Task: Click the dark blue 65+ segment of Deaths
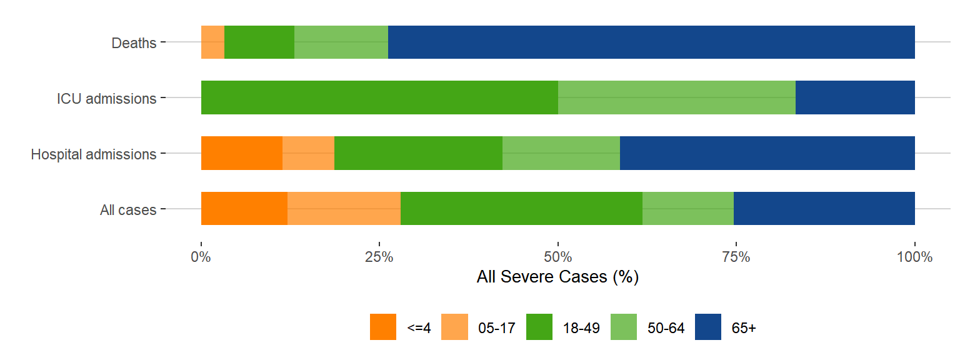651,42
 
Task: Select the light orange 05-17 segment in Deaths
212,42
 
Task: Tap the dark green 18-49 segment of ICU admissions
379,97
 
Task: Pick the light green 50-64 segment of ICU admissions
677,97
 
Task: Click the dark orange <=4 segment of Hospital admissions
242,152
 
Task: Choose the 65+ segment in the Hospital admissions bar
767,152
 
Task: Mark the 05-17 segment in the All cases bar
344,208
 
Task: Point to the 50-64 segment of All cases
688,208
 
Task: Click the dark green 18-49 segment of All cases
521,208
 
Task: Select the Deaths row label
134,43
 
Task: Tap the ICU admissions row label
106,98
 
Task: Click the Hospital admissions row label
94,154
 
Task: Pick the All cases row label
128,210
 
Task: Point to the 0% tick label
201,257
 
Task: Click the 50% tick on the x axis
558,257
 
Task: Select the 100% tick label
915,257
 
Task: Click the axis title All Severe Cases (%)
557,277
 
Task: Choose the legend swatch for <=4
383,327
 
